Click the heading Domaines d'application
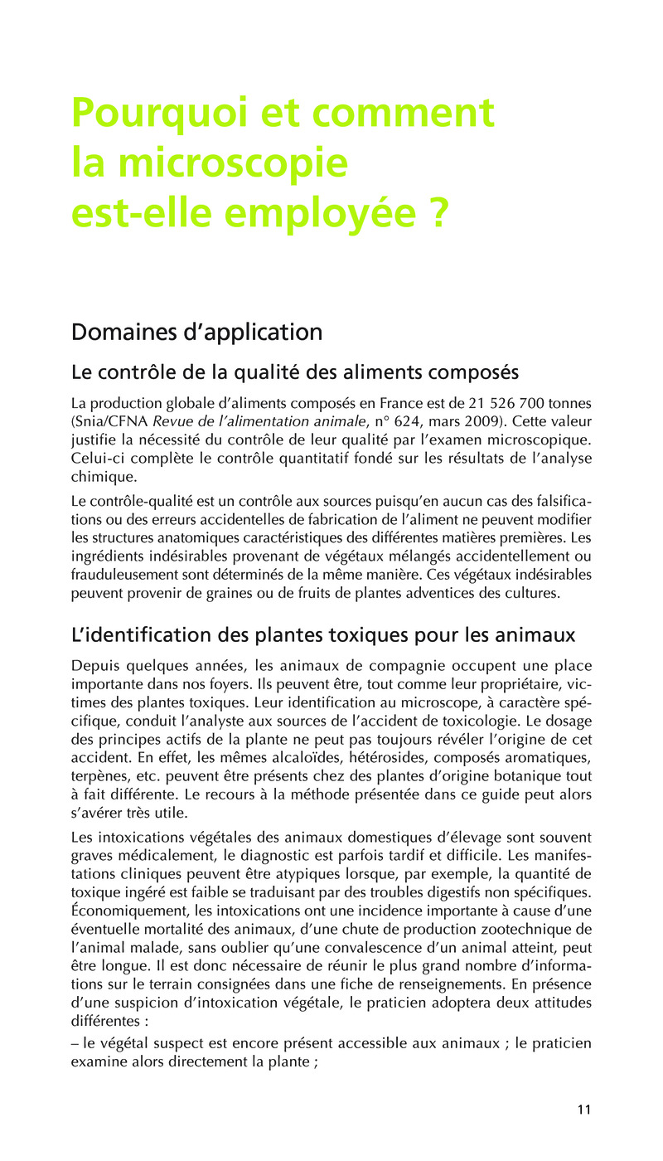196,333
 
